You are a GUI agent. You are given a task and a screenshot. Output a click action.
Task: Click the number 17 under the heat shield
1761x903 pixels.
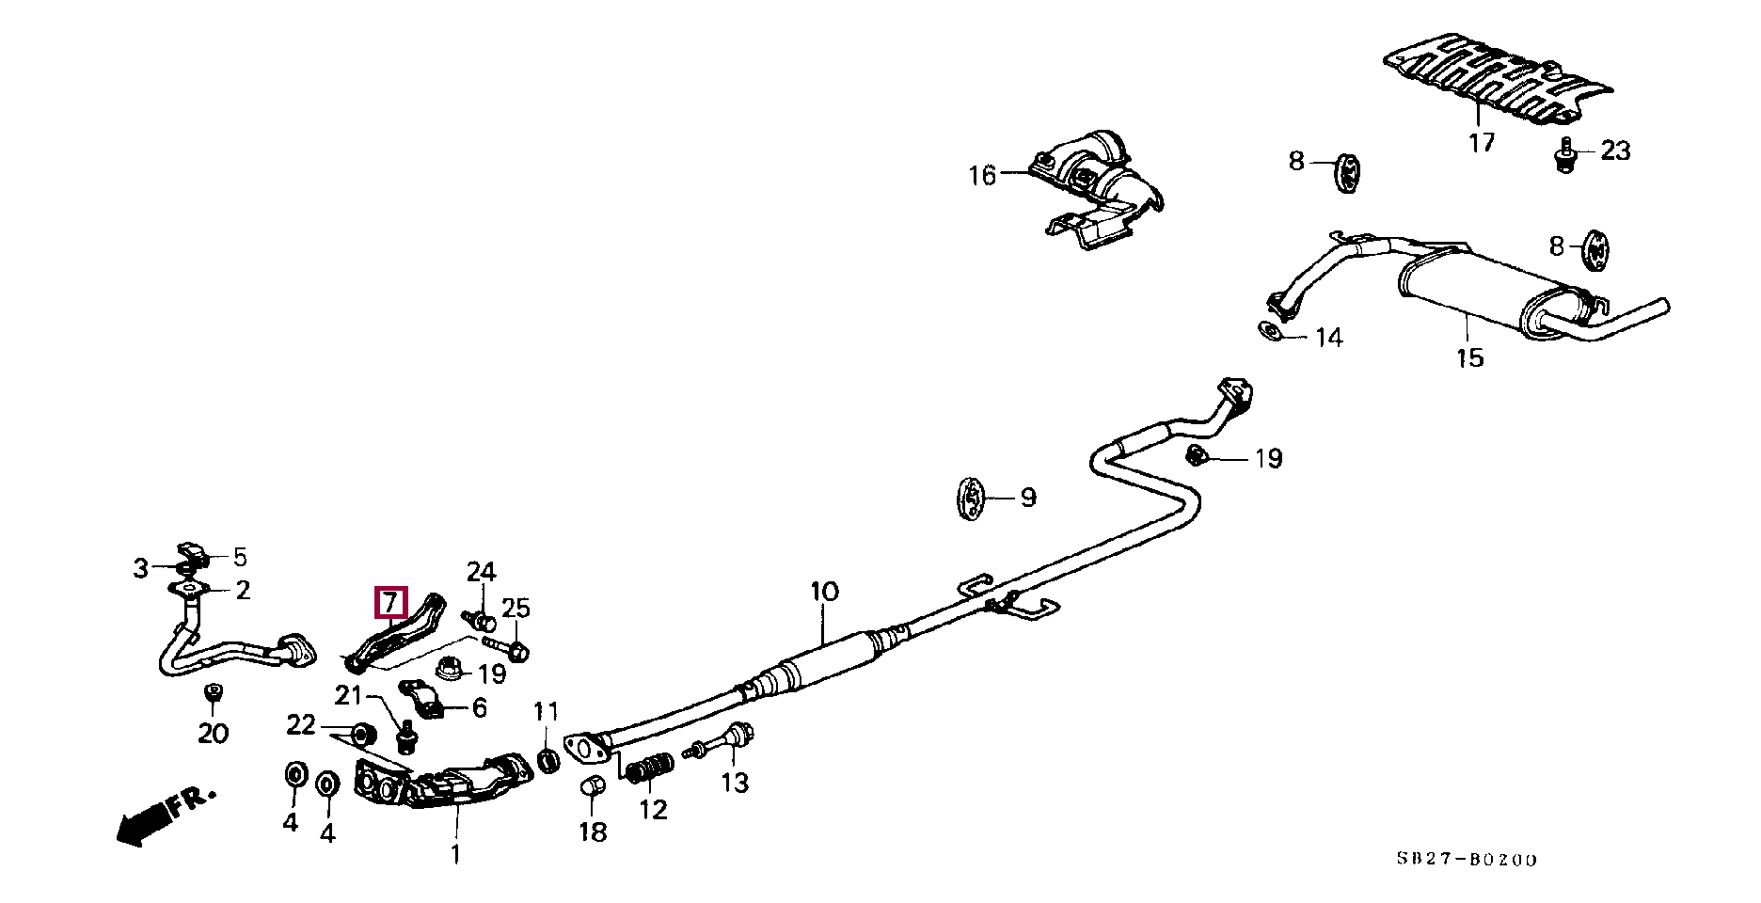1481,143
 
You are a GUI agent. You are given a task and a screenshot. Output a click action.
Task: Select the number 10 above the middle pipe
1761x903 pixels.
823,593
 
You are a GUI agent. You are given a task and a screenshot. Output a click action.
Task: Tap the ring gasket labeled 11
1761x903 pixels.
547,759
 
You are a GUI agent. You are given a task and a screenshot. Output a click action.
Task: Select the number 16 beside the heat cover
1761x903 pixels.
982,175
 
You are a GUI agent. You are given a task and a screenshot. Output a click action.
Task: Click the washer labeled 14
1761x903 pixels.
1269,330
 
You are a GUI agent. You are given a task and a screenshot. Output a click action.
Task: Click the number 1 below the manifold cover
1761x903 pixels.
454,855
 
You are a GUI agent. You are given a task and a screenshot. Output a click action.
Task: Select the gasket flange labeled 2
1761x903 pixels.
189,590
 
